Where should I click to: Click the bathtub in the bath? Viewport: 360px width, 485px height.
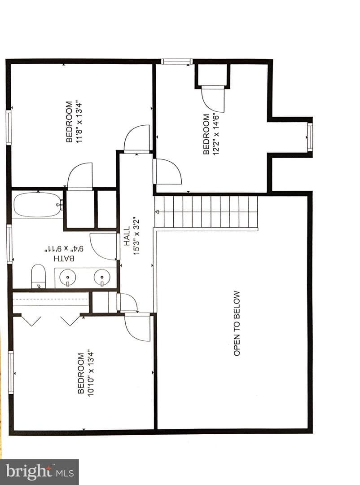[37, 205]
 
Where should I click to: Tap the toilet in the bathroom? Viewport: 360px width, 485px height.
[38, 276]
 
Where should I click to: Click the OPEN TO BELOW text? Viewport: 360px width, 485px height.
[237, 323]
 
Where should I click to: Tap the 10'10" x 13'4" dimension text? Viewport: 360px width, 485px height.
[91, 373]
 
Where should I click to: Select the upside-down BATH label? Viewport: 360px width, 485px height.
[64, 258]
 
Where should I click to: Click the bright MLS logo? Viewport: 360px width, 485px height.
[40, 472]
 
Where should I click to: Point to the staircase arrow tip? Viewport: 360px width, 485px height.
[156, 212]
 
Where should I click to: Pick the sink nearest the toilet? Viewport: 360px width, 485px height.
[67, 277]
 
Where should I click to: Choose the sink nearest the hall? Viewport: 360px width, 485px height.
[102, 277]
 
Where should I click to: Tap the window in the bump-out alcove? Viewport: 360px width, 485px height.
[310, 137]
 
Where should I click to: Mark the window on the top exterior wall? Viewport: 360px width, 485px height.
[177, 62]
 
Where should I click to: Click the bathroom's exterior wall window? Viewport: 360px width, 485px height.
[9, 244]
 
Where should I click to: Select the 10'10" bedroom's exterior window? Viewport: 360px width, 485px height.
[11, 372]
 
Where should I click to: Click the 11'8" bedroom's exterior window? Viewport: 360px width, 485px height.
[9, 128]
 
